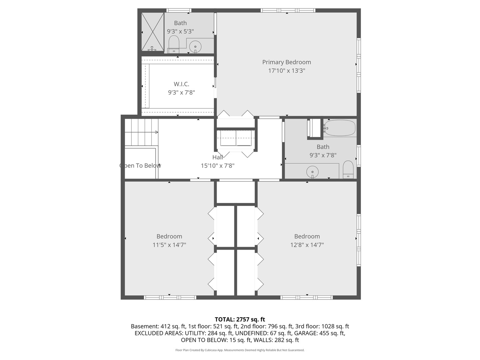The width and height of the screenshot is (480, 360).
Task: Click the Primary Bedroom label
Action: (286, 62)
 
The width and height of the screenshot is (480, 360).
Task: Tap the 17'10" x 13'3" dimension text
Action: (286, 71)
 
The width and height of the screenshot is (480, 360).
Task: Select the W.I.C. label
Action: (181, 84)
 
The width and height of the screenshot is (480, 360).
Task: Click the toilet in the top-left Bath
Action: (173, 44)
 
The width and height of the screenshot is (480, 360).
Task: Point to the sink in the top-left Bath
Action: (195, 46)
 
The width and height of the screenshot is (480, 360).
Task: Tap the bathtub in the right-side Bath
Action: (340, 128)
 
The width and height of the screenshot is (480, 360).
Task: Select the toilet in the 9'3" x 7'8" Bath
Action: (348, 169)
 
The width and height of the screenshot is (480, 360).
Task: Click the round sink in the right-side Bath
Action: (312, 172)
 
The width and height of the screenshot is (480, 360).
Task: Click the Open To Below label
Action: (140, 166)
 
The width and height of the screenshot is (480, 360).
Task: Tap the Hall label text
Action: (218, 157)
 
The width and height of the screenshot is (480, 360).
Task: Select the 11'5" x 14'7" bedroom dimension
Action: (169, 245)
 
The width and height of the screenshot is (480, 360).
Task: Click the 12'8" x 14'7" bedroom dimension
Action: (307, 245)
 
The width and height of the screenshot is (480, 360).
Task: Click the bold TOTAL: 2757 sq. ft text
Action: (240, 319)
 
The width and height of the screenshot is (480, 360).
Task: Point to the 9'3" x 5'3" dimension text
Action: (180, 31)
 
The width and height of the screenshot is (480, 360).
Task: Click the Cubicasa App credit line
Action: (240, 350)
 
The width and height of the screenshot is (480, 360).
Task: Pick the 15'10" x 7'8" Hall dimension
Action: (218, 166)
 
